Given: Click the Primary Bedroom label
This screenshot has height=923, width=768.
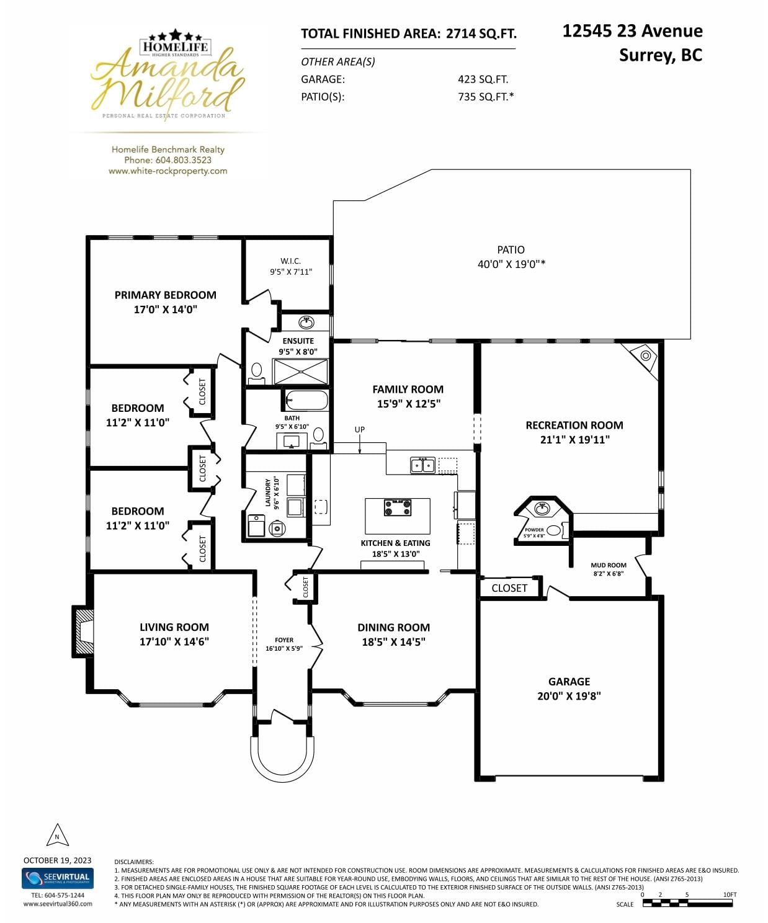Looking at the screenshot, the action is tap(166, 295).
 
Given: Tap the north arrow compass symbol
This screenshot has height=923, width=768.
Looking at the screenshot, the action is tap(58, 834).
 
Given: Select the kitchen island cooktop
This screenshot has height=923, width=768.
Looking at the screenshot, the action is tap(397, 507).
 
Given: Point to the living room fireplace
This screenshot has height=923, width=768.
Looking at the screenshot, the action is tap(83, 631).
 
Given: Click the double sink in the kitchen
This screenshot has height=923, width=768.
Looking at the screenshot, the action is tap(422, 465).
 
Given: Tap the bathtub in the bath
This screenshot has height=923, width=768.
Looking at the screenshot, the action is tap(306, 400).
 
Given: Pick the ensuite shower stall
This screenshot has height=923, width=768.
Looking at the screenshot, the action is tap(301, 372).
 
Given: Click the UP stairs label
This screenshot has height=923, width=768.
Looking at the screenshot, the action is tap(359, 429).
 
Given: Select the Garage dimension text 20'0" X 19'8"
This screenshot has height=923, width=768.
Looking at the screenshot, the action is tap(569, 696).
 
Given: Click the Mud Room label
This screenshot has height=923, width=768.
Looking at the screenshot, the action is tap(609, 565).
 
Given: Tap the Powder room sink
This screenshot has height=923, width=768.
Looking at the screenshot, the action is tap(542, 509).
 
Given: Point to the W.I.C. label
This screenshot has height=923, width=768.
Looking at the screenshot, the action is tap(290, 261).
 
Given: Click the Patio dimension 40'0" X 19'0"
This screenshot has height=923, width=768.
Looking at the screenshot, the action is tap(511, 264).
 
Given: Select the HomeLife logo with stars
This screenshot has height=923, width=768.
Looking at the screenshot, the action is tap(176, 43).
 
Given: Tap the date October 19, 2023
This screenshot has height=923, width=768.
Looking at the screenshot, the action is tap(58, 860).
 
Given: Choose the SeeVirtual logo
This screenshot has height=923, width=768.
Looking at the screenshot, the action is tap(58, 878).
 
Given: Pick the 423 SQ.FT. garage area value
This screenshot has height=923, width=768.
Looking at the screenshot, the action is tap(483, 79).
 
